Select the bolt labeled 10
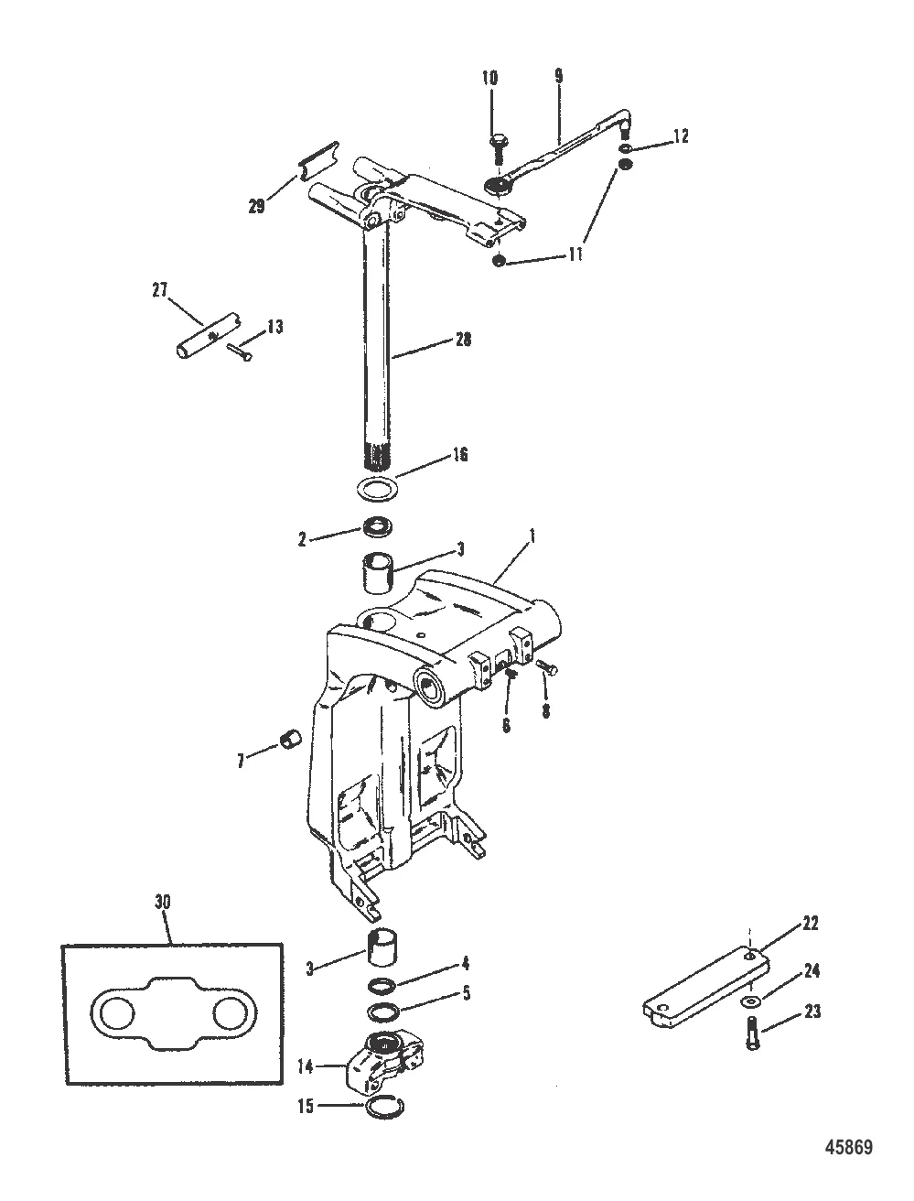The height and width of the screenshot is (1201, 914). [498, 148]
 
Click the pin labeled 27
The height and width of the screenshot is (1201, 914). [208, 336]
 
